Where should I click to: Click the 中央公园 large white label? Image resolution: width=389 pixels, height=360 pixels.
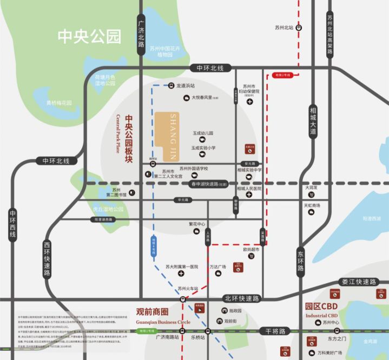(90, 37)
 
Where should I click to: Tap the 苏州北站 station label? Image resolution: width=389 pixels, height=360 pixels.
(283, 27)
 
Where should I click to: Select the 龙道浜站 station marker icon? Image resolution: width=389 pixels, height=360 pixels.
(171, 85)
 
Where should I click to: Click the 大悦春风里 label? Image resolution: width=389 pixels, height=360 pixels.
(205, 98)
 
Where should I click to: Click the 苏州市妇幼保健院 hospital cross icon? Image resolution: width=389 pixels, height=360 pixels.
(249, 102)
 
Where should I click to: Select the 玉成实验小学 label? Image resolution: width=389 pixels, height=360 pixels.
(203, 148)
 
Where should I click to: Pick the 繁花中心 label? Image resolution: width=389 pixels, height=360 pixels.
(197, 224)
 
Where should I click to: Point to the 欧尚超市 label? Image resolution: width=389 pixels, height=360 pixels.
(251, 249)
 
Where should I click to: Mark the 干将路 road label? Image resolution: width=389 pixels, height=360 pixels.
(275, 331)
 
